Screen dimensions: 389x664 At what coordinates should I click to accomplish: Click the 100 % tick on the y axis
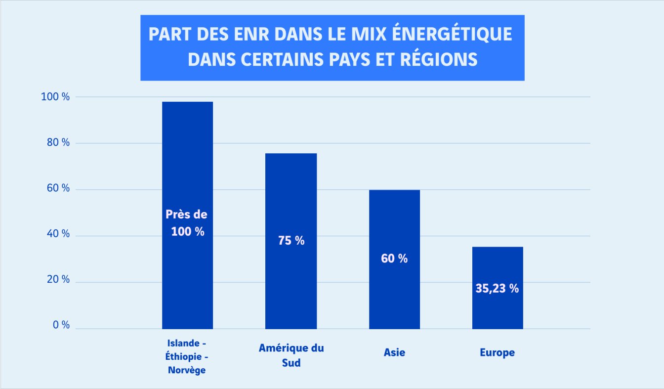click(55, 97)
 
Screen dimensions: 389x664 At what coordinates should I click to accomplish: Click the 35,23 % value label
click(497, 289)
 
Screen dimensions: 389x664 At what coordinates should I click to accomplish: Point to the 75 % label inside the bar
click(290, 241)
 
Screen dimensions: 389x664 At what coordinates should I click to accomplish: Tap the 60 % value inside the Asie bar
click(394, 258)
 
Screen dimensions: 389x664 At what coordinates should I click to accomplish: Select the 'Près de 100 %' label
click(187, 223)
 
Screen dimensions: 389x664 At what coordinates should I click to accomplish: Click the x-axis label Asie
click(394, 353)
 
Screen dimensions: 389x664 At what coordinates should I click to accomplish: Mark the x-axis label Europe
click(497, 353)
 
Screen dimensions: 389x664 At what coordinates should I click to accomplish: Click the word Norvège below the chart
click(187, 370)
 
